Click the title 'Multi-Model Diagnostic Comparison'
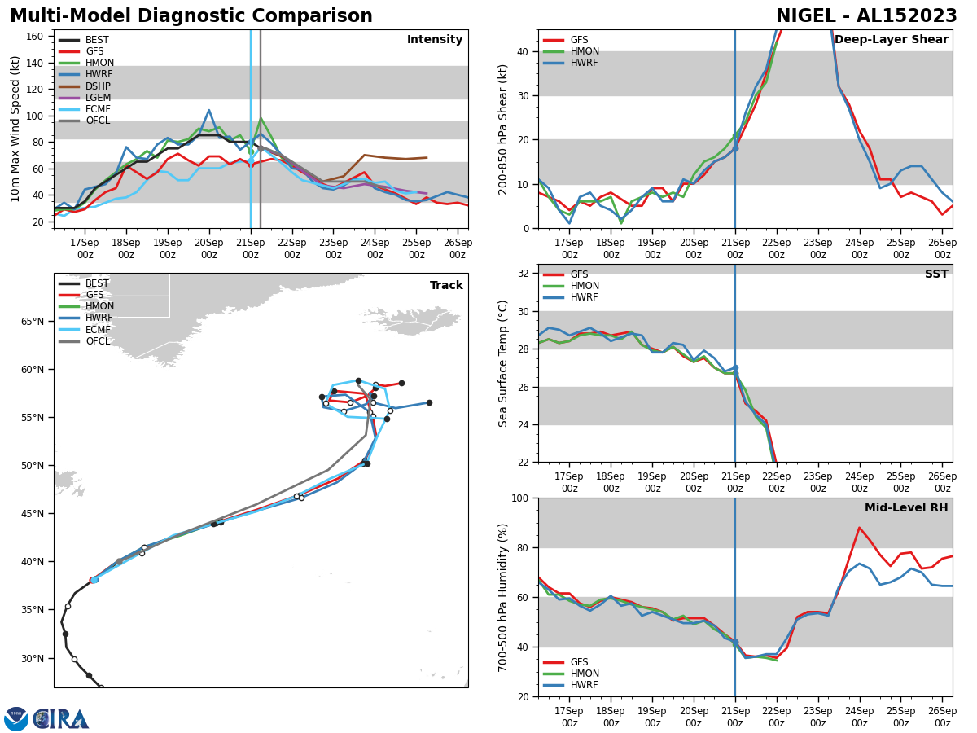[x=191, y=16]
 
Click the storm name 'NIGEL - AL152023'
[x=866, y=16]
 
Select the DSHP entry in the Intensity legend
[x=98, y=86]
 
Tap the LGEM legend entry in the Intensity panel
[x=98, y=98]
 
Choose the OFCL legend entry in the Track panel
[x=97, y=341]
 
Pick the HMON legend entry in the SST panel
[x=584, y=286]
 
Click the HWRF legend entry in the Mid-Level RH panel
[x=584, y=685]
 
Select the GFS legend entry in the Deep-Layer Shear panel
[x=577, y=40]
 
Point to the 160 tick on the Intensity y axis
[x=36, y=36]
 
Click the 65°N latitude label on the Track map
[x=33, y=322]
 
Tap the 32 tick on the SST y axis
[x=524, y=274]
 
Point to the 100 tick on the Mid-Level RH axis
[x=521, y=498]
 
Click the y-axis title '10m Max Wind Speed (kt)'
[x=15, y=129]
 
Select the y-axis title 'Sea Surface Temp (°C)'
[x=503, y=363]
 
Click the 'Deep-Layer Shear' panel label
[x=891, y=40]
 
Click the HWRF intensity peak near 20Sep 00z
[x=208, y=110]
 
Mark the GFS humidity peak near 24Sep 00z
[x=859, y=528]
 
